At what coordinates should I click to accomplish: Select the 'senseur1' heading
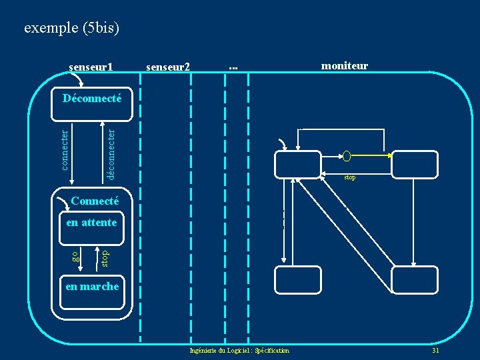pyautogui.click(x=91, y=67)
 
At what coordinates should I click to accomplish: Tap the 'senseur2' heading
pyautogui.click(x=167, y=67)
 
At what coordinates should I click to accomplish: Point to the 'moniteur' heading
pyautogui.click(x=345, y=65)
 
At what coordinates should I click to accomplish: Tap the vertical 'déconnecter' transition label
pyautogui.click(x=111, y=149)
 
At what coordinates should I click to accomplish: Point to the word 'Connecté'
pyautogui.click(x=95, y=201)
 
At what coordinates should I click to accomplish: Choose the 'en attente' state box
pyautogui.click(x=92, y=223)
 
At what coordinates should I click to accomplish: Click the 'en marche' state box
pyautogui.click(x=92, y=287)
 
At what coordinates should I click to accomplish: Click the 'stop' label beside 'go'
pyautogui.click(x=105, y=257)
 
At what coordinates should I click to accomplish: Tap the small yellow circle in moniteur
pyautogui.click(x=346, y=157)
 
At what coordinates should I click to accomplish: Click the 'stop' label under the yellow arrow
pyautogui.click(x=349, y=178)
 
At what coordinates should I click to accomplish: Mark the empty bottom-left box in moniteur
pyautogui.click(x=298, y=279)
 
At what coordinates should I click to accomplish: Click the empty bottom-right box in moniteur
pyautogui.click(x=415, y=279)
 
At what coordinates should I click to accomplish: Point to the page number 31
pyautogui.click(x=435, y=351)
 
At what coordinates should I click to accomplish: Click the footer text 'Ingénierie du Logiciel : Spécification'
pyautogui.click(x=239, y=351)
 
